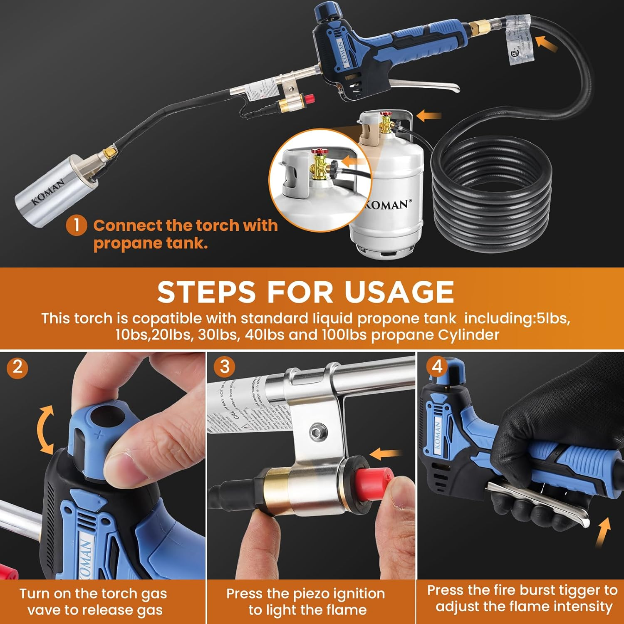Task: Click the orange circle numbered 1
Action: pos(76,225)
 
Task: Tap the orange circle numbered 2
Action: pos(17,367)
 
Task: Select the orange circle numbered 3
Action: pos(224,366)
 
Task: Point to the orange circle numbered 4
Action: pos(437,366)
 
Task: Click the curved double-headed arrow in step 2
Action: pos(45,430)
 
